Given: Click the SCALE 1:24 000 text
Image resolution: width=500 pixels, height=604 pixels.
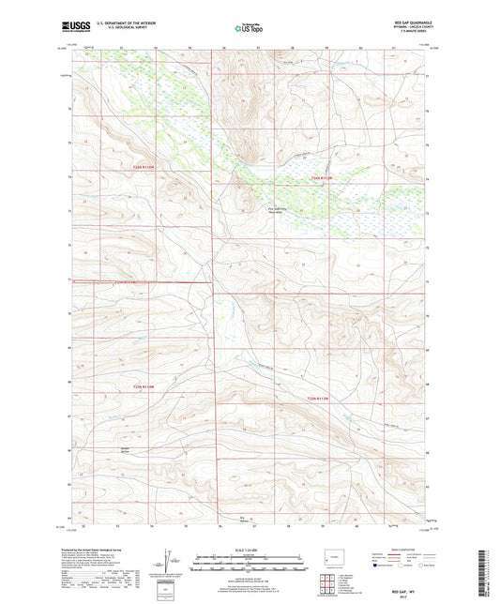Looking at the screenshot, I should (x=248, y=550).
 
